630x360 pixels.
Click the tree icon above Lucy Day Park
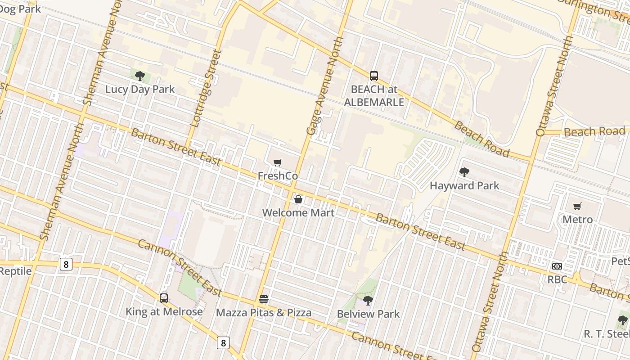pos(140,76)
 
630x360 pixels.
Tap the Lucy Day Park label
pos(140,89)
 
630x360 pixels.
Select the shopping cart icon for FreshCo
pos(278,163)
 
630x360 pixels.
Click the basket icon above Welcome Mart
pos(298,199)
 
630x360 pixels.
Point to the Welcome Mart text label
pos(298,213)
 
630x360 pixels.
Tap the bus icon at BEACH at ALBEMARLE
pos(374,76)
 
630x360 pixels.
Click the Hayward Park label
pos(464,185)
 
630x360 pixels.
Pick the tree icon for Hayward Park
pos(464,172)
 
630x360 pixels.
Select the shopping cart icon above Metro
pos(577,207)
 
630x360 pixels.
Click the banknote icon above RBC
pos(557,266)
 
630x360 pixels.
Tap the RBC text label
pos(557,279)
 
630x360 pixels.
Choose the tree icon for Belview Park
pos(368,300)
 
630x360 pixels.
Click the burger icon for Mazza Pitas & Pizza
pos(264,299)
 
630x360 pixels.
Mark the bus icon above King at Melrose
pos(164,298)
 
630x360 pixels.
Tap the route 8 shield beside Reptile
pos(66,264)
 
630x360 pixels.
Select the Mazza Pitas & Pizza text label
pos(264,313)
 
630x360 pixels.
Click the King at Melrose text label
pos(164,311)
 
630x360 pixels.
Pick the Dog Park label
pos(20,8)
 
